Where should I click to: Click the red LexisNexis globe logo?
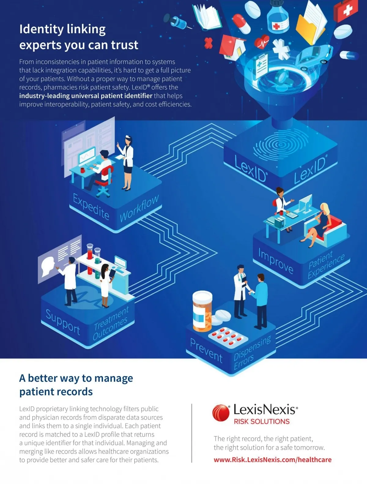point(221,413)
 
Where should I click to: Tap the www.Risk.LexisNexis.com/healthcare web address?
point(272,460)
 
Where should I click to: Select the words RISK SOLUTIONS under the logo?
point(262,421)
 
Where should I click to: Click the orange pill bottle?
point(202,311)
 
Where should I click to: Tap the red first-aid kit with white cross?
point(345,10)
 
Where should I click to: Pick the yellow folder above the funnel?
point(311,23)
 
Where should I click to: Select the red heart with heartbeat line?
point(262,41)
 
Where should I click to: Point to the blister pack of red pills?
point(228,337)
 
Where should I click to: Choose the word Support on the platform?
point(63,322)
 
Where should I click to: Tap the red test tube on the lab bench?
point(90,259)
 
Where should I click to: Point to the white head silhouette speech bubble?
point(48,266)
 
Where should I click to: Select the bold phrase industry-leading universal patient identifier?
point(86,96)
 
